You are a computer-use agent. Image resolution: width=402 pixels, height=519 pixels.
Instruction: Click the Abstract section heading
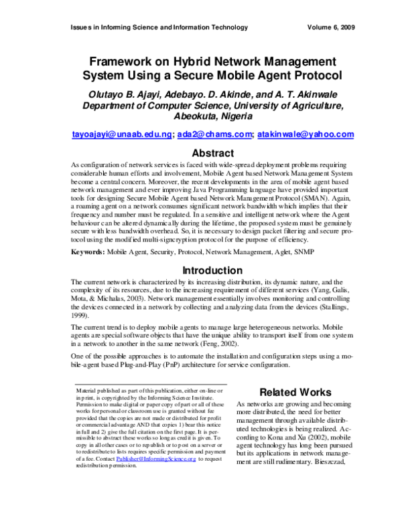pos(212,153)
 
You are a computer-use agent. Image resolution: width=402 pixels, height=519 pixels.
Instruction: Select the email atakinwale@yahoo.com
pos(306,134)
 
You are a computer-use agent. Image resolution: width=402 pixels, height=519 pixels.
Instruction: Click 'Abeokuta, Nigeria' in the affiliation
pos(212,115)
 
